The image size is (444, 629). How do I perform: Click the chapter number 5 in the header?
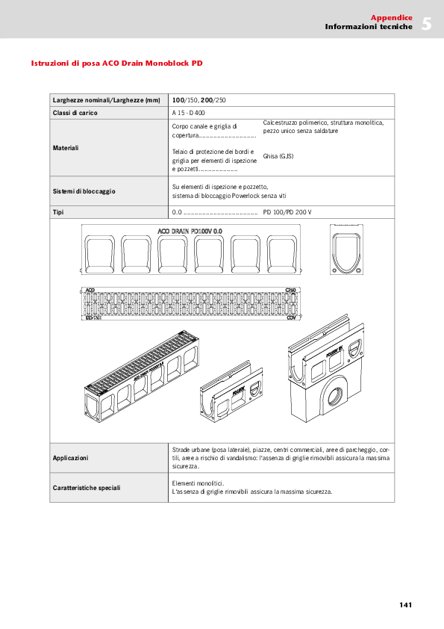click(x=426, y=23)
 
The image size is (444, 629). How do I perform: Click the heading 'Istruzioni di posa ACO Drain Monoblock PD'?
click(x=116, y=63)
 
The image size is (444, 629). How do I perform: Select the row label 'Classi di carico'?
click(x=75, y=113)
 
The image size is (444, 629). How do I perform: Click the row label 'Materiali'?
click(x=66, y=148)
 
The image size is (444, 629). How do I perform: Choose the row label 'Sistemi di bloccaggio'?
click(x=84, y=191)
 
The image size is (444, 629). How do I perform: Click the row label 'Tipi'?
click(x=58, y=212)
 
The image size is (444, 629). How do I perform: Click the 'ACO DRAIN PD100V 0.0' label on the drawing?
click(x=190, y=232)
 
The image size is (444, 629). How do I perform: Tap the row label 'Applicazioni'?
click(x=70, y=457)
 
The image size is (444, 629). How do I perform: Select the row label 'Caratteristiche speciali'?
click(x=87, y=488)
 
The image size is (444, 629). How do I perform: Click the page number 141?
click(x=405, y=605)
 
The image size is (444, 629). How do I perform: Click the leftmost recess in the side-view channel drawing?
click(x=102, y=252)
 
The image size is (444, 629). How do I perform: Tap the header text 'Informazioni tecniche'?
click(x=369, y=27)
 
